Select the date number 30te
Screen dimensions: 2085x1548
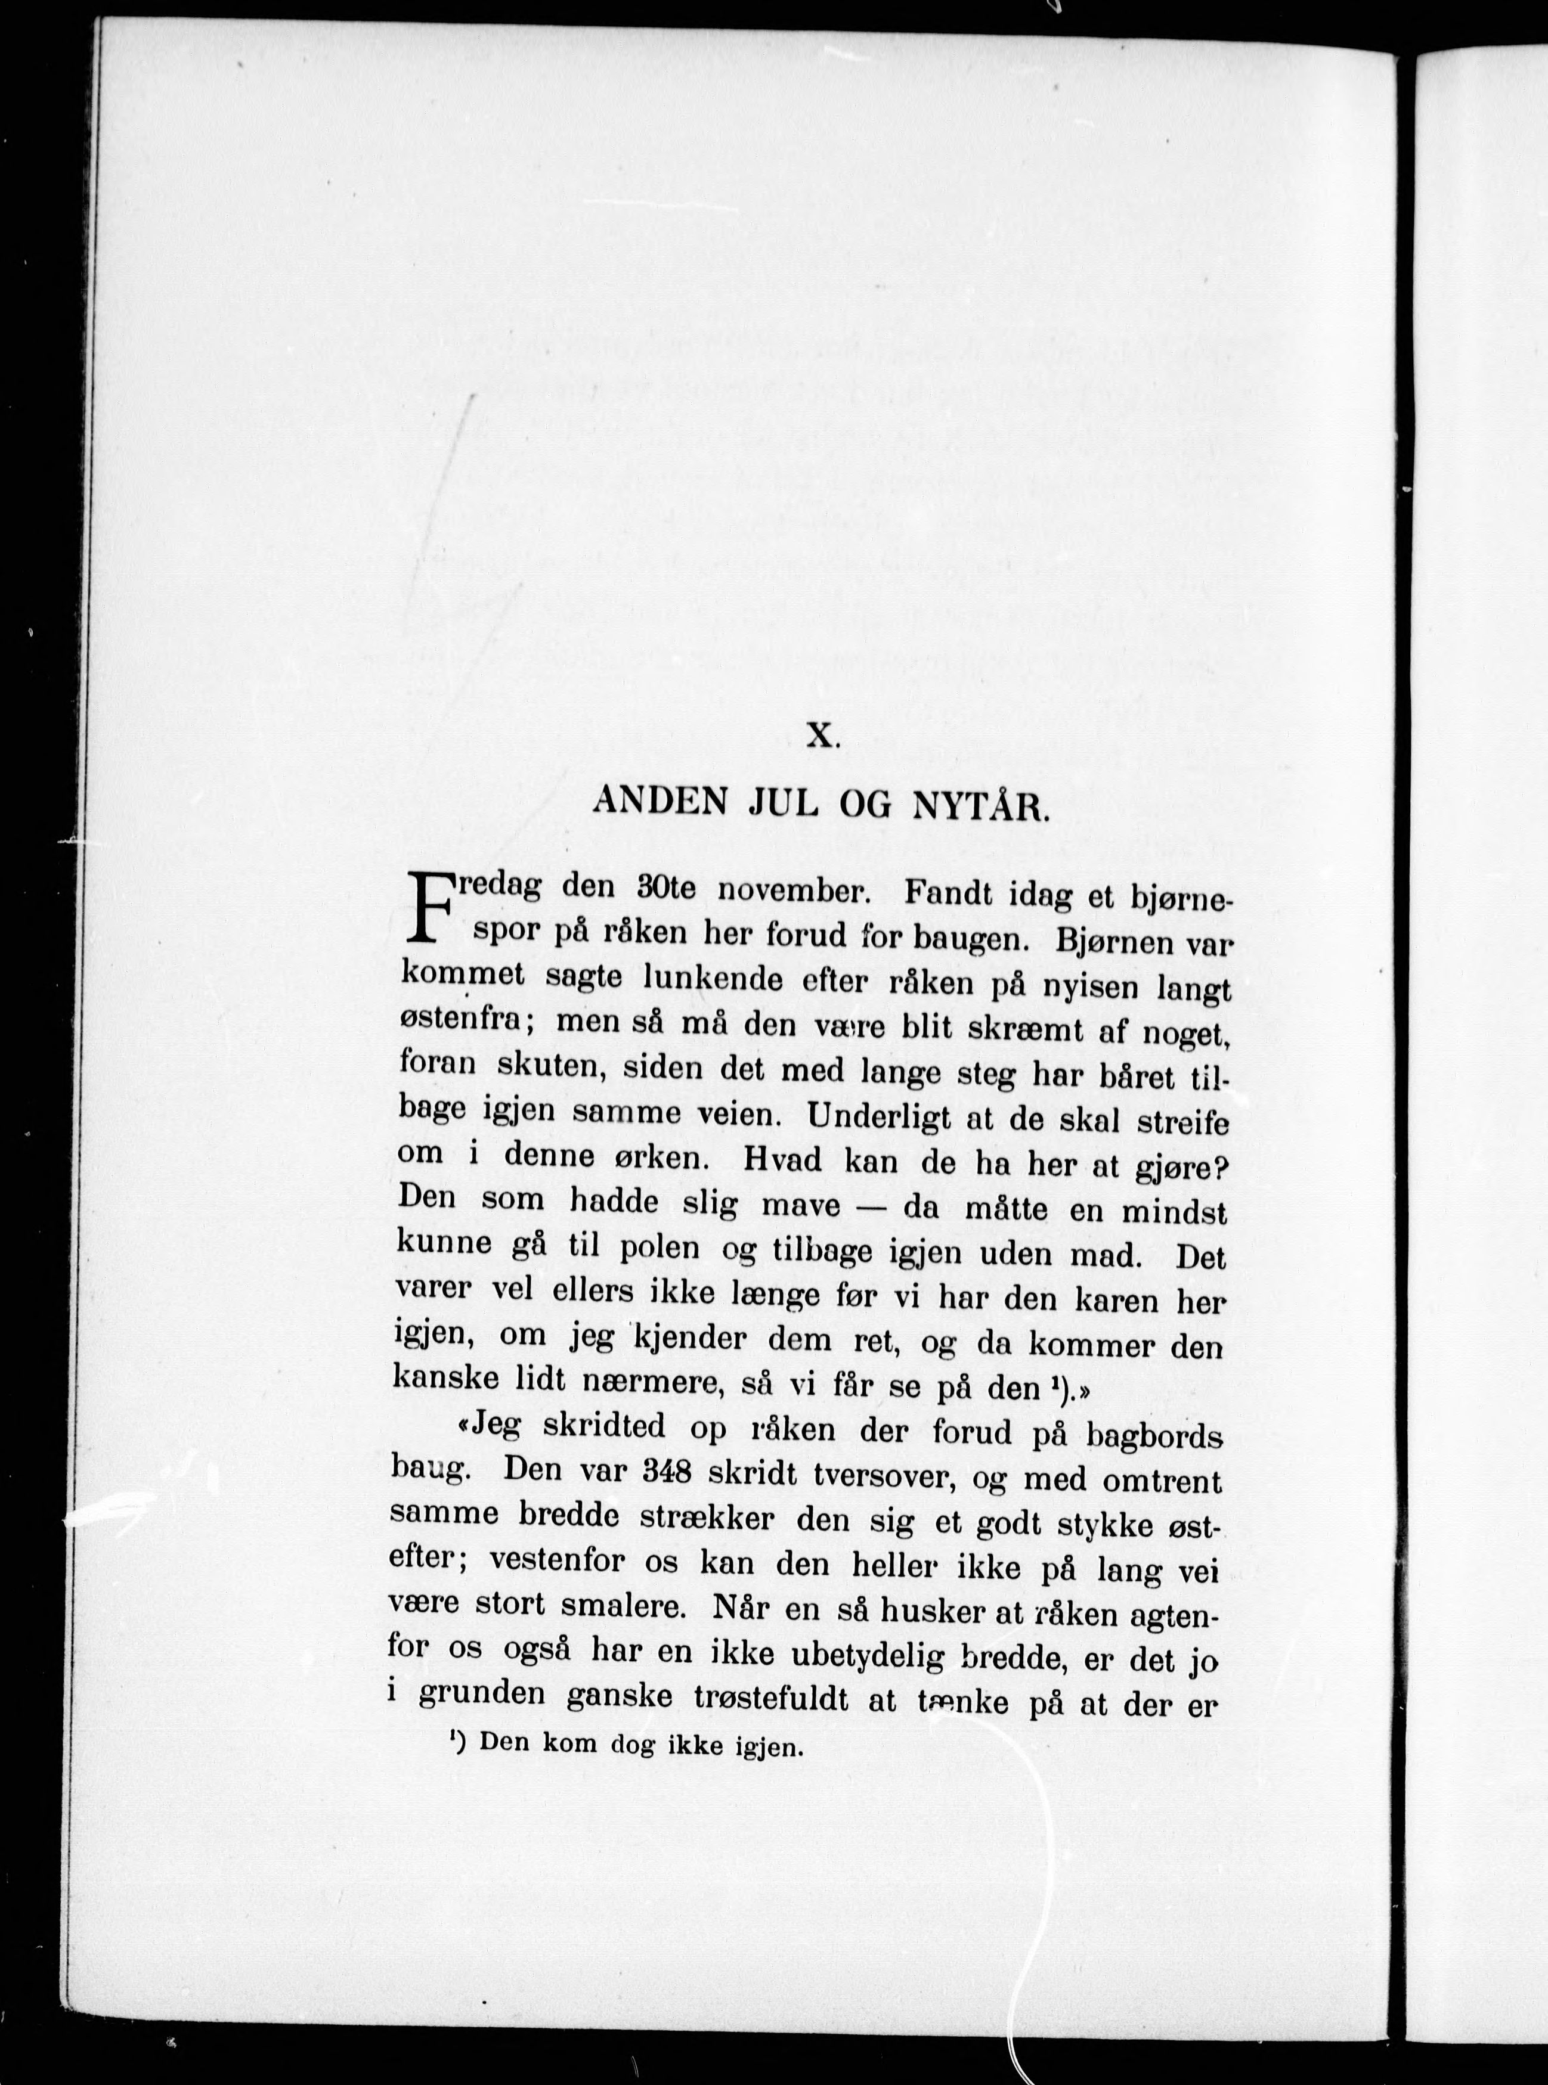pyautogui.click(x=665, y=888)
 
